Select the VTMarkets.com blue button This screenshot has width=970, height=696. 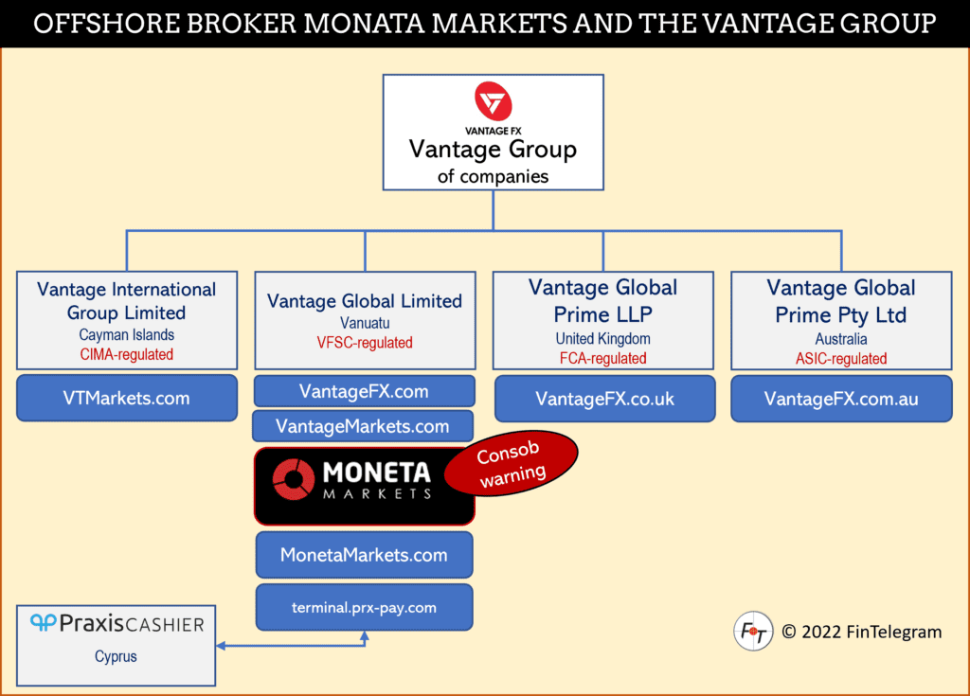coord(127,398)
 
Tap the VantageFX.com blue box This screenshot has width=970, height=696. coord(364,391)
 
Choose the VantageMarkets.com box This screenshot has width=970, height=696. coord(363,426)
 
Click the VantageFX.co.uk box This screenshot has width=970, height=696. coord(604,399)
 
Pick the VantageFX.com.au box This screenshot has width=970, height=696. coord(841,399)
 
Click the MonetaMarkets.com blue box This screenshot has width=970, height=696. coord(364,555)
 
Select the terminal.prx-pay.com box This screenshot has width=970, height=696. coord(364,607)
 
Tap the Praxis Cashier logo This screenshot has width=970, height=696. coord(117,623)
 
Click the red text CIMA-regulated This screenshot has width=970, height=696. coord(127,354)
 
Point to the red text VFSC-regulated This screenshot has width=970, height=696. coord(365,343)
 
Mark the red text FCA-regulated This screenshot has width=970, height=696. coord(602,358)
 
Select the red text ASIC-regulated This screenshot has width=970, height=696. coord(841,358)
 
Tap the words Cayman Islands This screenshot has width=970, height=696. coord(127,335)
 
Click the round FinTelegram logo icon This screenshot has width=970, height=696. coord(753,632)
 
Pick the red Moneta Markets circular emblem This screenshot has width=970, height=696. coord(293,480)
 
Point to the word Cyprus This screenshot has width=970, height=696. coord(116,656)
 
